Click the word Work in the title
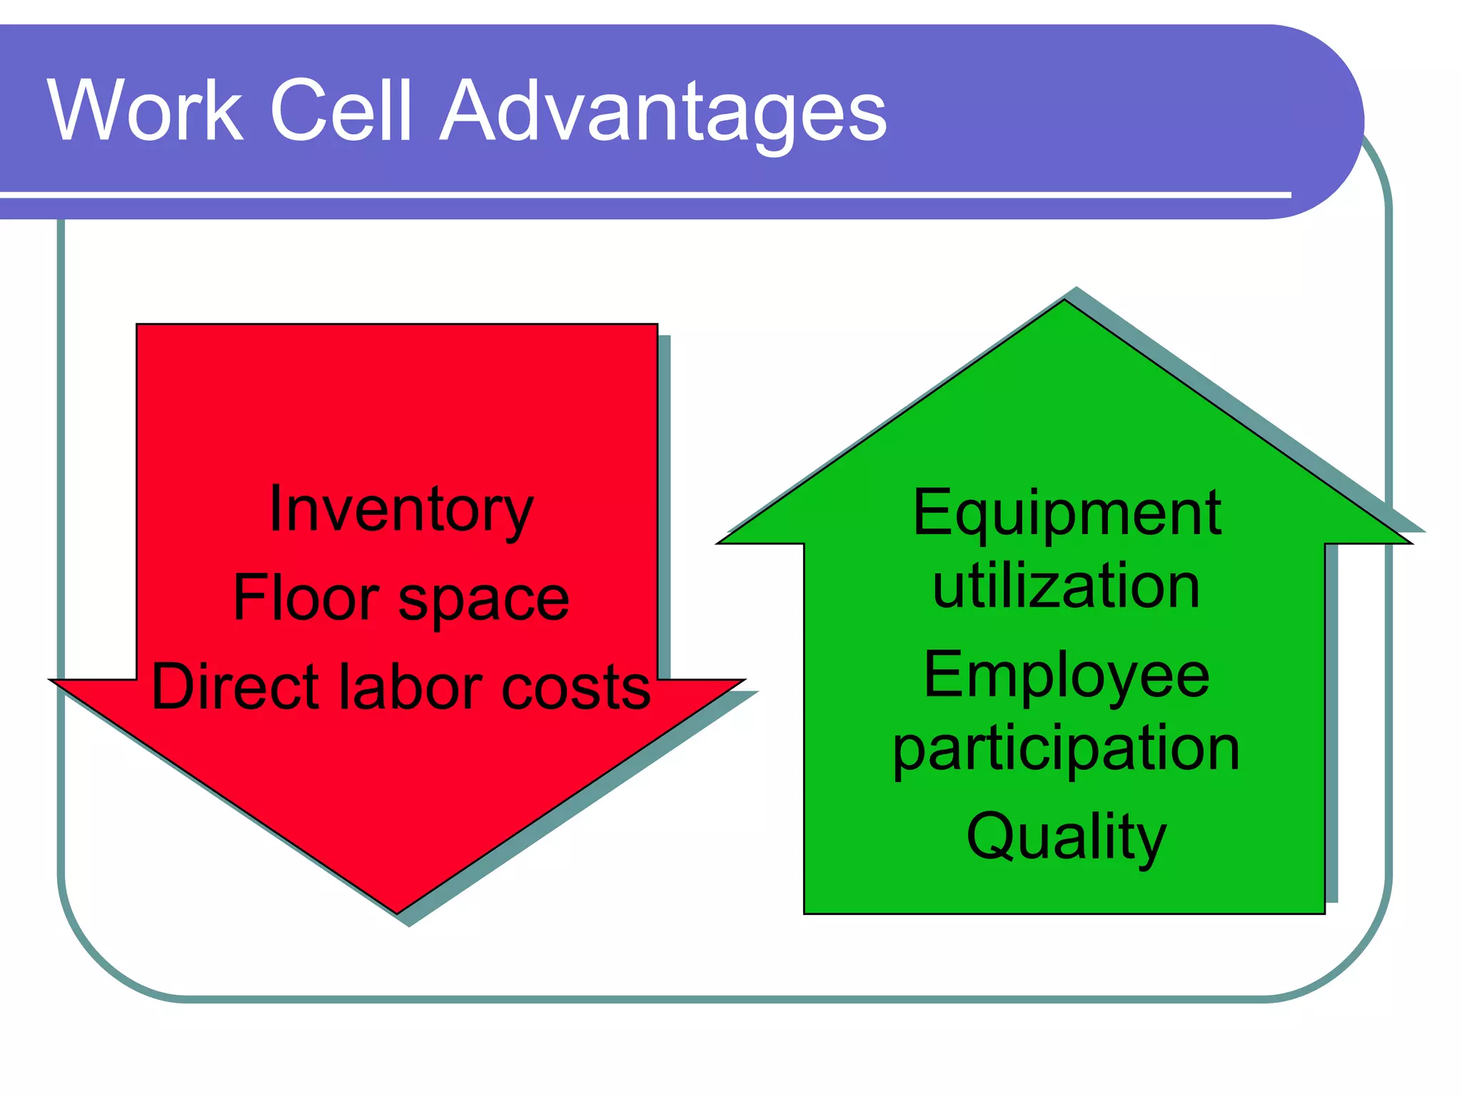[x=146, y=111]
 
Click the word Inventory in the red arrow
[x=400, y=510]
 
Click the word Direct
[x=235, y=687]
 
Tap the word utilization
[x=1067, y=586]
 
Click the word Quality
[x=1067, y=837]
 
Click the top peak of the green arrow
[x=1064, y=301]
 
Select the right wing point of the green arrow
[x=1409, y=543]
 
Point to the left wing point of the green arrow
[x=720, y=543]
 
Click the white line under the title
[x=642, y=194]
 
